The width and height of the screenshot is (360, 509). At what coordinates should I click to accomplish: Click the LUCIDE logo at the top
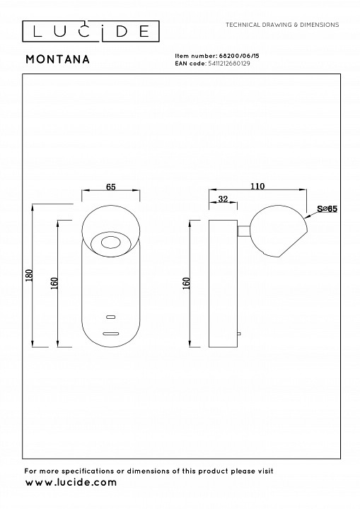point(91,31)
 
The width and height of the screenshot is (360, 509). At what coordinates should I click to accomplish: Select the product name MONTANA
point(58,59)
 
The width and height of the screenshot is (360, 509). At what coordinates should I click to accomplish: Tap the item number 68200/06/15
point(238,56)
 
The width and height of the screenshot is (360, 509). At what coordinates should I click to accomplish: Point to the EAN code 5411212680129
point(228,64)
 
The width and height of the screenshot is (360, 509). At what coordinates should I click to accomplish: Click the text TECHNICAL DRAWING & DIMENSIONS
point(282,25)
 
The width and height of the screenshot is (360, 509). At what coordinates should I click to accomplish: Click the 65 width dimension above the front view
point(111,187)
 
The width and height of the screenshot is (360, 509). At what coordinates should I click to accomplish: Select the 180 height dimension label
point(29,275)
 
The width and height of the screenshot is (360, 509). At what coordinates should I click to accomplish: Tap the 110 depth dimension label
point(257,187)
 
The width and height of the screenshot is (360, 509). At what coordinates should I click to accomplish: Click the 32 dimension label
point(223,199)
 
